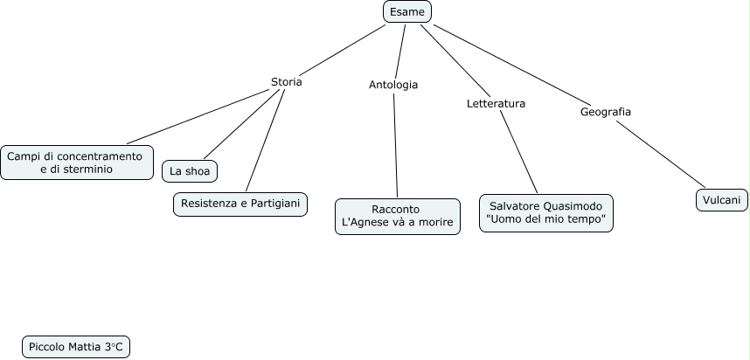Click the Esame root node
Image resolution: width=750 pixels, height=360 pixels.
(x=407, y=11)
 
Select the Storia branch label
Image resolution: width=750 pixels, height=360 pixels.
(x=287, y=82)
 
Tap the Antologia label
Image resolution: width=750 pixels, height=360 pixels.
(x=393, y=85)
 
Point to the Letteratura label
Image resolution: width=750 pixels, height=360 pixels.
(x=496, y=103)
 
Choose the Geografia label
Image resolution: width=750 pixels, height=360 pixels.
(x=606, y=111)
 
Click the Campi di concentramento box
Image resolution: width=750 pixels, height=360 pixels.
(x=77, y=163)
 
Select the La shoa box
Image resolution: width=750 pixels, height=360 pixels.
(x=190, y=171)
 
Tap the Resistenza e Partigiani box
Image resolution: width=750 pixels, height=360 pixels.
(x=240, y=204)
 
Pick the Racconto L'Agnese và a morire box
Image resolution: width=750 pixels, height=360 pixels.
(x=398, y=217)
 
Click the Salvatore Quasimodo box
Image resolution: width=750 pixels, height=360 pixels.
(x=545, y=213)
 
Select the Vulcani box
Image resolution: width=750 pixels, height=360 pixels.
(x=722, y=200)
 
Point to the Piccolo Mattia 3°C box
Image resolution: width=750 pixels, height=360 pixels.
(x=76, y=347)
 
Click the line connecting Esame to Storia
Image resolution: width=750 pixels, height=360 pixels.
(x=343, y=50)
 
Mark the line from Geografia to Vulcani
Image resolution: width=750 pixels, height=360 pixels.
(x=661, y=155)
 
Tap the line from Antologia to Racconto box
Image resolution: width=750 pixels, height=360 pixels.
(x=396, y=146)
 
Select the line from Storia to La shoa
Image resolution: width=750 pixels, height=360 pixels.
(x=241, y=124)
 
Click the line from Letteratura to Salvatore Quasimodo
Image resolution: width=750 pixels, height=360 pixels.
(x=519, y=151)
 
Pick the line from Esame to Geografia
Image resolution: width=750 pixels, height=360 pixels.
(x=512, y=65)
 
